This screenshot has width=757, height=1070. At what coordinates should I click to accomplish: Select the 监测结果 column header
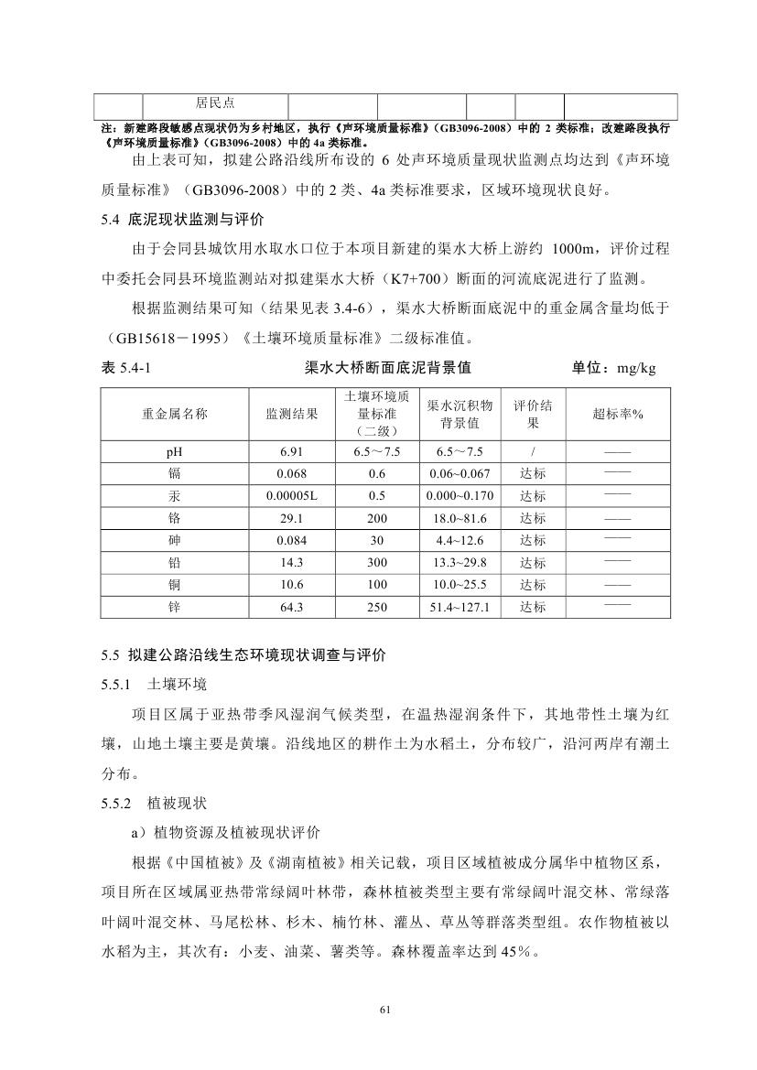pyautogui.click(x=292, y=414)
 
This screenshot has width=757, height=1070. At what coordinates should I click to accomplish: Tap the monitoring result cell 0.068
pyautogui.click(x=292, y=474)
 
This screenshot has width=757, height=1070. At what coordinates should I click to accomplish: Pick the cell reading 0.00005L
pyautogui.click(x=292, y=496)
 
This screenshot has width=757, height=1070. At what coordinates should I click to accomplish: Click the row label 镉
pyautogui.click(x=174, y=474)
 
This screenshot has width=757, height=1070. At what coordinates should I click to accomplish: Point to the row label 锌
pyautogui.click(x=174, y=607)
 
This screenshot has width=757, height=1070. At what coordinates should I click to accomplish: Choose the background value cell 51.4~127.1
pyautogui.click(x=460, y=607)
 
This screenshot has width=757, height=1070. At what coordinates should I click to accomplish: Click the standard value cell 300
pyautogui.click(x=376, y=562)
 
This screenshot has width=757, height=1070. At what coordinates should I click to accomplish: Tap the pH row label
pyautogui.click(x=174, y=452)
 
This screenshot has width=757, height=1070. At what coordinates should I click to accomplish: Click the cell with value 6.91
pyautogui.click(x=292, y=452)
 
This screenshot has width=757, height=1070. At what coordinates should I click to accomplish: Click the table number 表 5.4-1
pyautogui.click(x=125, y=368)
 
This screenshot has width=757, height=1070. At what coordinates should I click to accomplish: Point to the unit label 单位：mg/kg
pyautogui.click(x=613, y=368)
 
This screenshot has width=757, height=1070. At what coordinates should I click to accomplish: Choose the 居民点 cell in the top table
pyautogui.click(x=215, y=105)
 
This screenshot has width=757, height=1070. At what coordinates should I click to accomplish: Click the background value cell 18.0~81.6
pyautogui.click(x=460, y=518)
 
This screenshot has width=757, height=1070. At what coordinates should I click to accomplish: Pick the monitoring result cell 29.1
pyautogui.click(x=292, y=518)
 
